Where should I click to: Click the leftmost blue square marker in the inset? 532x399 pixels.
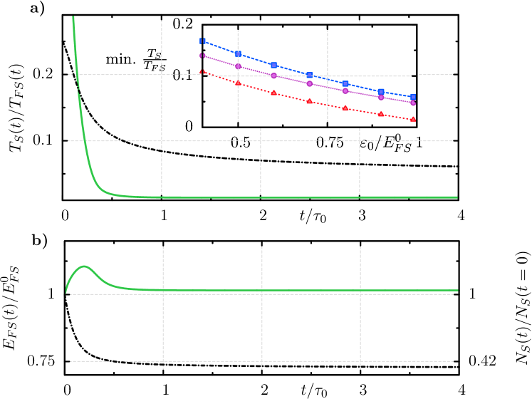[202, 41]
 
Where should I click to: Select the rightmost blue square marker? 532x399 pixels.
[413, 97]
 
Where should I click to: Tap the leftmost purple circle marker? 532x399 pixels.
[202, 56]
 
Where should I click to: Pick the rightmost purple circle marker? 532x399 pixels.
[413, 103]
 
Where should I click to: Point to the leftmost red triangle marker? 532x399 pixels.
[202, 72]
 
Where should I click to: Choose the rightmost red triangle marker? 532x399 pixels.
[413, 120]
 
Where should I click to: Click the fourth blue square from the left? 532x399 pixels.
[309, 75]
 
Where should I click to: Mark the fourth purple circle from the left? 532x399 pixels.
[309, 83]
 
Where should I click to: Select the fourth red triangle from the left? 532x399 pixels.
[309, 101]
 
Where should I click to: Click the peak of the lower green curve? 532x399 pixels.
[84, 266]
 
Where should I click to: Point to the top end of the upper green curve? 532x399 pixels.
[73, 17]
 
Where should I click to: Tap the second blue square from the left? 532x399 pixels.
[238, 54]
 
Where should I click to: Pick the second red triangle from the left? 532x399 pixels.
[238, 83]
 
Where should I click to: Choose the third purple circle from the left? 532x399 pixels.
[273, 76]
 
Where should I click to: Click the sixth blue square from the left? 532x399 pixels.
[381, 92]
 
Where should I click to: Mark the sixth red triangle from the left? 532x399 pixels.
[381, 114]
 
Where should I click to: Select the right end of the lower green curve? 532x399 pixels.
[457, 291]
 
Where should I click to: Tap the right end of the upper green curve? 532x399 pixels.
[457, 197]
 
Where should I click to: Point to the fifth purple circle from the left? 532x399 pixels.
[345, 90]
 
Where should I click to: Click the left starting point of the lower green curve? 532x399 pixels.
[66, 292]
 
